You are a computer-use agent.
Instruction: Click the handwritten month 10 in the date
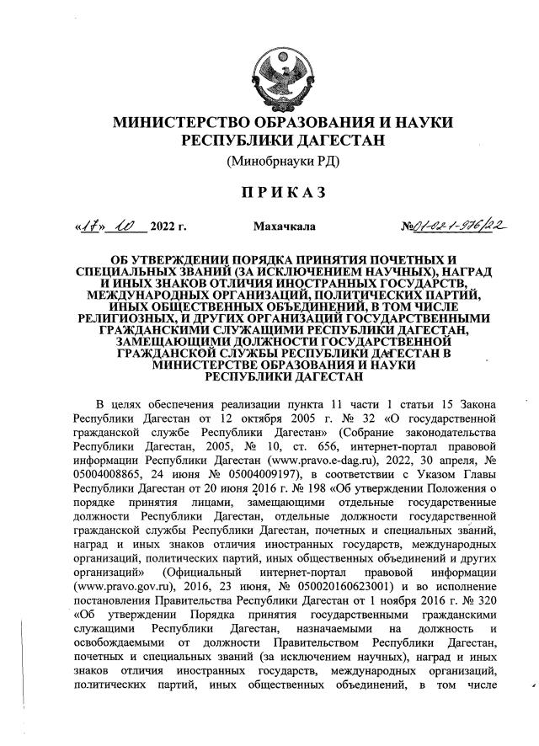point(128,226)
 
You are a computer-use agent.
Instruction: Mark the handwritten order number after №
point(456,226)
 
